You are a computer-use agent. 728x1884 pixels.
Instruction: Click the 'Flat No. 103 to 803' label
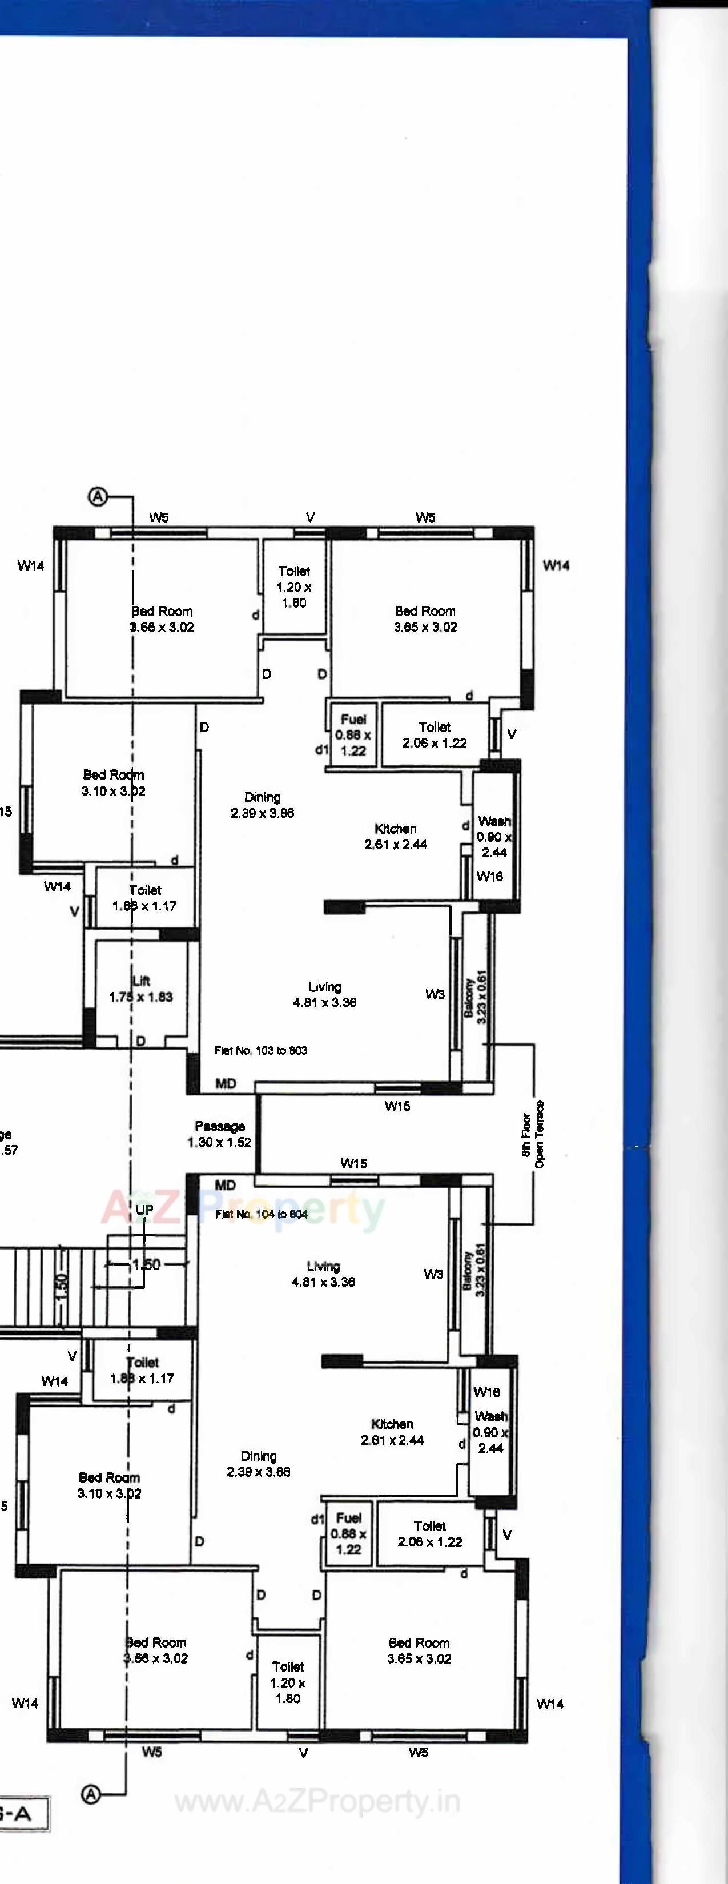(x=260, y=1050)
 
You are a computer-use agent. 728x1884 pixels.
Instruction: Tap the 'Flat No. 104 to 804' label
(x=261, y=1214)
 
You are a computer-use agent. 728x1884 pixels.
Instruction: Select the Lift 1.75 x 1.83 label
(x=141, y=989)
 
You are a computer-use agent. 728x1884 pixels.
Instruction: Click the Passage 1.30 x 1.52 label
(x=219, y=1134)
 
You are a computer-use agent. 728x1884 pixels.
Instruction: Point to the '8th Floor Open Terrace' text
(x=533, y=1134)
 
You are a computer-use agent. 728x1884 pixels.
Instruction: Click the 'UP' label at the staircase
(x=144, y=1209)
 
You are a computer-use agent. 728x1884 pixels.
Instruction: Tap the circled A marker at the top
(x=97, y=497)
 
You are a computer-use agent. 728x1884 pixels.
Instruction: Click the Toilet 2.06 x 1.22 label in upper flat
(x=434, y=735)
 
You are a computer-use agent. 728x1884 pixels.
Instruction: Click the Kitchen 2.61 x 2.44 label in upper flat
(x=396, y=836)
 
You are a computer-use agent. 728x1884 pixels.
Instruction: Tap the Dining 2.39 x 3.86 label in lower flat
(x=259, y=1464)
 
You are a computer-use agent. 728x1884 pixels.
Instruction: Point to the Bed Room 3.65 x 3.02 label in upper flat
(x=425, y=618)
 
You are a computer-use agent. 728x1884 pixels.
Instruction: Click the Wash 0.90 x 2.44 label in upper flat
(x=494, y=837)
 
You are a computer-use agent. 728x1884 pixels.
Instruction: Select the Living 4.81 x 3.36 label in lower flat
(x=323, y=1274)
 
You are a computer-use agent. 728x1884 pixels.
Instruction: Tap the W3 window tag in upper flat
(x=435, y=994)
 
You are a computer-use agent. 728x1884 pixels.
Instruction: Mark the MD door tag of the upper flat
(x=226, y=1083)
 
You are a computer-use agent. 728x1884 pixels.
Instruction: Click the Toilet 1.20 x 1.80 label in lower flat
(x=288, y=1682)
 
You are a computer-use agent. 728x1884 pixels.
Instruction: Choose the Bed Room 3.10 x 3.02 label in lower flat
(x=109, y=1485)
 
